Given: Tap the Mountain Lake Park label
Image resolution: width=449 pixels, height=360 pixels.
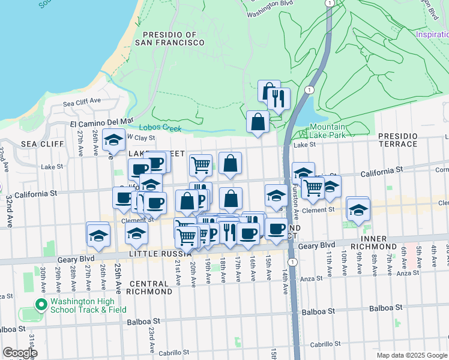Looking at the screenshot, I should [x=327, y=131].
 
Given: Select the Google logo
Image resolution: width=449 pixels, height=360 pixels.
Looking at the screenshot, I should [x=20, y=353].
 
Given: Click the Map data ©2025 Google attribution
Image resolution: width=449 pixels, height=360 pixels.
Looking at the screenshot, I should [x=411, y=355].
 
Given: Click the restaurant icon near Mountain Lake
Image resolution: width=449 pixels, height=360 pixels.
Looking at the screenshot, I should [x=278, y=98].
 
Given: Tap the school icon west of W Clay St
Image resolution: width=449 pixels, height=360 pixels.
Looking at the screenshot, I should [x=113, y=140].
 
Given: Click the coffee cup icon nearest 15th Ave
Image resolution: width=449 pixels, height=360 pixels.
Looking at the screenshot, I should [x=276, y=229].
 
